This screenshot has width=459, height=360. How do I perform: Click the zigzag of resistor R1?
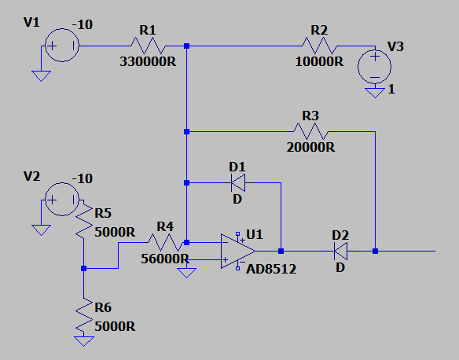[148, 46]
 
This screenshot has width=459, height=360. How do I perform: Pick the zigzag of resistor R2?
[319, 46]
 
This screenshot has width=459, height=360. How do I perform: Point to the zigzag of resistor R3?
[311, 131]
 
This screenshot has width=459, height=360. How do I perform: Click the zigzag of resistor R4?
[166, 242]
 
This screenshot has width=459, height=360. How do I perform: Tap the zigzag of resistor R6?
[84, 315]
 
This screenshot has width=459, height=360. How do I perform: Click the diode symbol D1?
[238, 182]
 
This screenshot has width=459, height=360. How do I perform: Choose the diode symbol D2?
[341, 251]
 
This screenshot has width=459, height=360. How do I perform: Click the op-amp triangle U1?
[238, 251]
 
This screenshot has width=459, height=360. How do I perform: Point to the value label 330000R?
[148, 62]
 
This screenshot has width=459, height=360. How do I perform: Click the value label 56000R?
[165, 259]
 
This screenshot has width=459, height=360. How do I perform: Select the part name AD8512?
[271, 269]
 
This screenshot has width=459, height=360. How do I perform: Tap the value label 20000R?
[311, 147]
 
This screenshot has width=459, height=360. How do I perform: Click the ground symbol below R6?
[84, 341]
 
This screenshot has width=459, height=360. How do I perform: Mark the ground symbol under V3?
[375, 93]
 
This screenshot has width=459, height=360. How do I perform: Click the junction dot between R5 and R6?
[84, 268]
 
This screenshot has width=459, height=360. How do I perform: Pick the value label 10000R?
[319, 62]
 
